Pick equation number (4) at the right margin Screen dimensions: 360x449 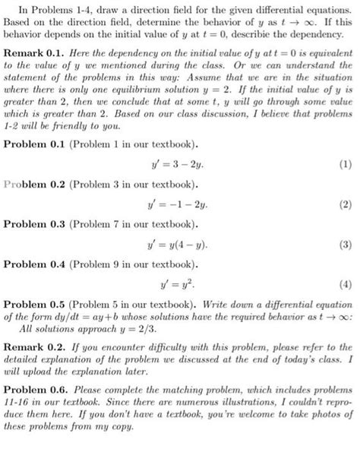coord(346,286)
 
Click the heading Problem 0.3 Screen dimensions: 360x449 coord(36,226)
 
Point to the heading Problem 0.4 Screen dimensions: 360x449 coord(36,267)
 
